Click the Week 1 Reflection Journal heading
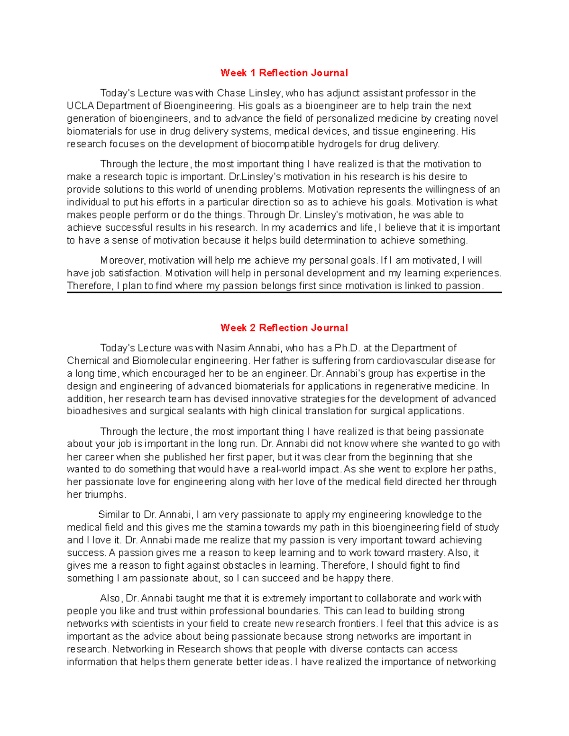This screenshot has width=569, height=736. (284, 73)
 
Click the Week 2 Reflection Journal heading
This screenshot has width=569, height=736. (284, 328)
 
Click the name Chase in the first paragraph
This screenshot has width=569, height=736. (231, 93)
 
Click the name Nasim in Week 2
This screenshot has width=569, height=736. (230, 348)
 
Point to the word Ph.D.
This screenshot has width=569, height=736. (348, 348)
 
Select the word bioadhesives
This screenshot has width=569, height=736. (97, 411)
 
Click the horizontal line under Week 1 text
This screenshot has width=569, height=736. (284, 293)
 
